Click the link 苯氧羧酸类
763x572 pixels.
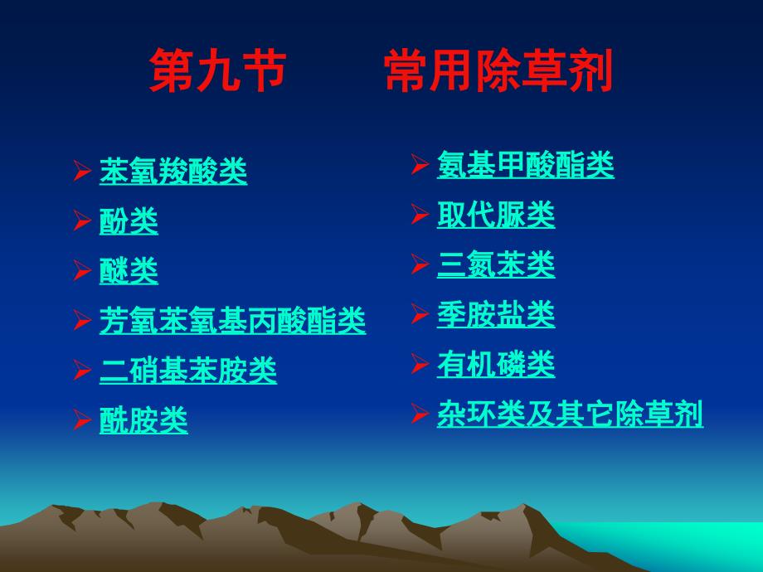tap(173, 171)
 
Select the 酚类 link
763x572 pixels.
tap(129, 221)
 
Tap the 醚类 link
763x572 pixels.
tap(129, 271)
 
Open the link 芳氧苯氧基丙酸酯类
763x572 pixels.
tap(232, 321)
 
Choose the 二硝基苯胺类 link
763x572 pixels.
tap(188, 371)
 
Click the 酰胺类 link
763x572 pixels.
tap(143, 420)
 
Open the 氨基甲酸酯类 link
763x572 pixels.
tap(526, 164)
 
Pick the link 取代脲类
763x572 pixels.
tap(496, 215)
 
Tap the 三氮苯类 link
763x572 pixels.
tap(496, 264)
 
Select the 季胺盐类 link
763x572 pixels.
tap(496, 314)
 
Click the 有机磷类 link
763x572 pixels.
tap(496, 364)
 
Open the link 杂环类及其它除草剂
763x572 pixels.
tap(570, 414)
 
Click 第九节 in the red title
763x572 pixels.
tap(217, 70)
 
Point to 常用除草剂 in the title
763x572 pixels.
tap(498, 70)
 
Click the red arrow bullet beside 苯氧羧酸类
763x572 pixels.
tap(82, 170)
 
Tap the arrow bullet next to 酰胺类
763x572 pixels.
tap(82, 419)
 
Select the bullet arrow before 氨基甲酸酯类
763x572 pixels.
tap(420, 164)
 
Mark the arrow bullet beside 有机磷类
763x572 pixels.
tap(420, 363)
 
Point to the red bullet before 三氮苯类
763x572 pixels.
tap(420, 264)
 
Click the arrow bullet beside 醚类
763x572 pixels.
tap(82, 270)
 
